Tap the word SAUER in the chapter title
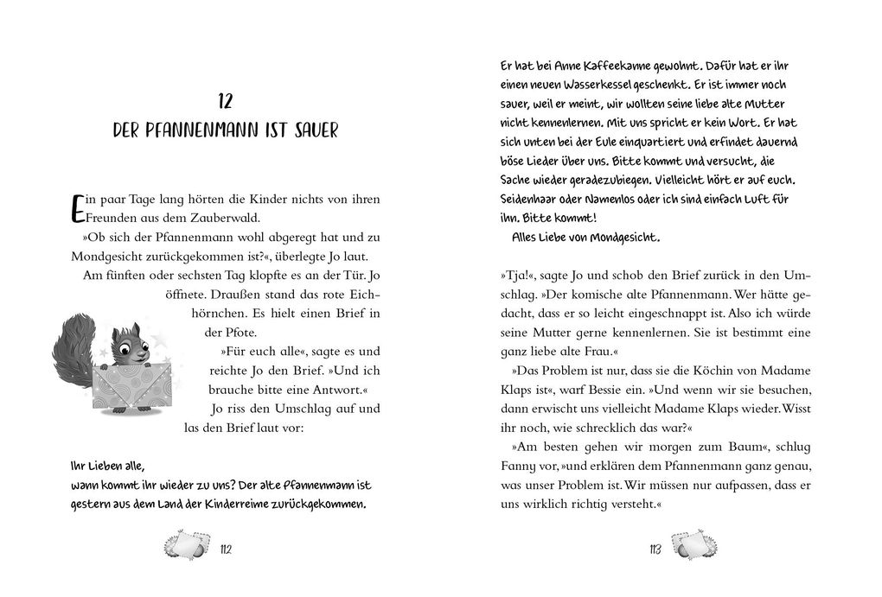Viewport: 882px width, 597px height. tap(311, 131)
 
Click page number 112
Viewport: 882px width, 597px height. tap(227, 551)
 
